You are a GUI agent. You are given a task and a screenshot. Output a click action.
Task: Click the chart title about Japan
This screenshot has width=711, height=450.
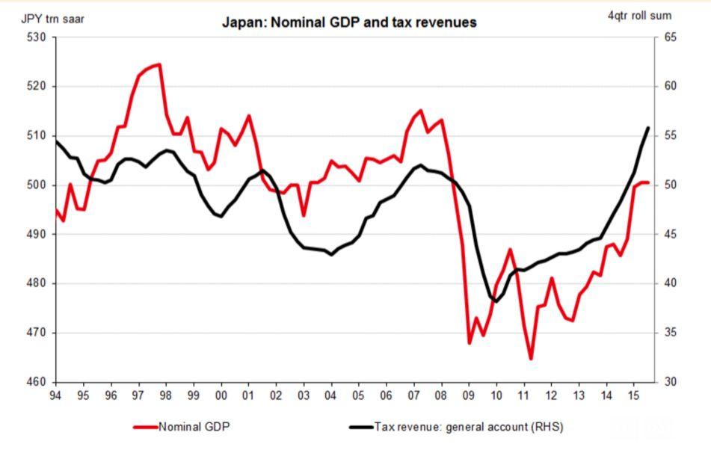tap(349, 22)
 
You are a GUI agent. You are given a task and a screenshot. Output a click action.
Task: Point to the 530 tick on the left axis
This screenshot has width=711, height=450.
tap(37, 37)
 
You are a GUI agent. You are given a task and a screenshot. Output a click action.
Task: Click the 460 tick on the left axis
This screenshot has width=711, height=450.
tap(37, 382)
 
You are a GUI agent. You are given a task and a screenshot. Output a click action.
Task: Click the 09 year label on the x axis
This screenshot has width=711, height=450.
tap(469, 394)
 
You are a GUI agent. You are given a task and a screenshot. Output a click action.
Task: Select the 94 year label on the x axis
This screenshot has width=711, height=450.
tap(55, 394)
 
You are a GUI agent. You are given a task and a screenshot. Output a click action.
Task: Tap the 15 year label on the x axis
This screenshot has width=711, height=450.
tap(634, 394)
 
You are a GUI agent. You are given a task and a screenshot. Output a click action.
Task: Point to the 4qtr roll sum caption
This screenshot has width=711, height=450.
tap(639, 16)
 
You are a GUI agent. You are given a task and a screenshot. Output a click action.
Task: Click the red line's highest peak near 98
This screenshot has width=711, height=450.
tap(158, 64)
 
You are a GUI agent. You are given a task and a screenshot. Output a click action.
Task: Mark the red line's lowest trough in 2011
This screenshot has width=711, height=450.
tap(531, 359)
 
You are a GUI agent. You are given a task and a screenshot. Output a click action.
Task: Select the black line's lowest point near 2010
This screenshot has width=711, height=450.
tap(495, 301)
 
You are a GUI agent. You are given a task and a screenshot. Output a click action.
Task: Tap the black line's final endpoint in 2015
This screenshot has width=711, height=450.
tap(647, 128)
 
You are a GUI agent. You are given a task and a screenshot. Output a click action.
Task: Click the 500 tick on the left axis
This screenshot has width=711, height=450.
tap(37, 185)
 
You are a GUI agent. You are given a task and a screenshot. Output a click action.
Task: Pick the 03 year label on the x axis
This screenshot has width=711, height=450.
tap(304, 394)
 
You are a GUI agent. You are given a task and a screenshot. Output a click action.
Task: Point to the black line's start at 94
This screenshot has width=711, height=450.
tap(56, 141)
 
